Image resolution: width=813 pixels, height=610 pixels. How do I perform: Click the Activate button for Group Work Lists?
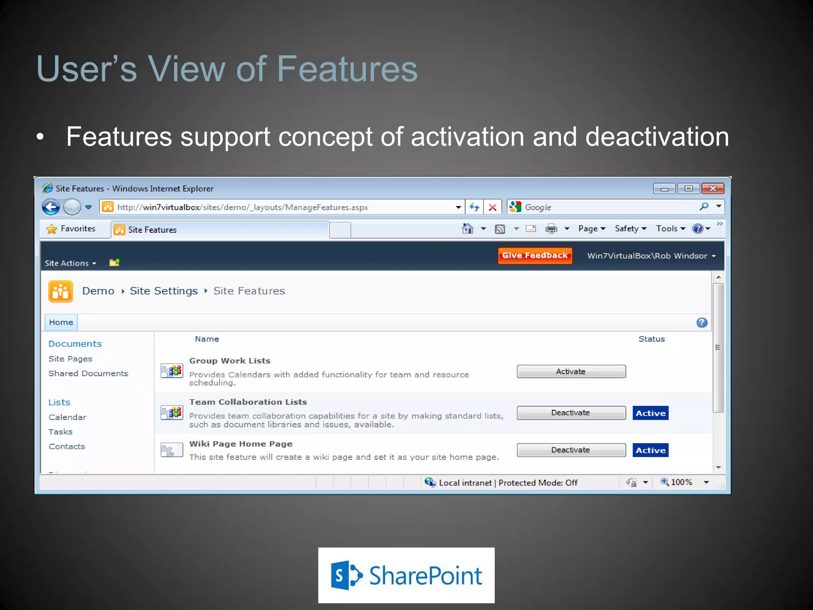coord(571,371)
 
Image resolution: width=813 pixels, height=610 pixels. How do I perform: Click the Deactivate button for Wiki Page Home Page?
coord(571,450)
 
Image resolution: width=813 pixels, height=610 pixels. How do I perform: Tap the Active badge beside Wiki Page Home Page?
coord(650,450)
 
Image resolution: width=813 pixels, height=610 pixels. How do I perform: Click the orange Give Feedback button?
coord(535,255)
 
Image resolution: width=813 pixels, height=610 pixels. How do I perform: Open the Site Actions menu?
coord(70,263)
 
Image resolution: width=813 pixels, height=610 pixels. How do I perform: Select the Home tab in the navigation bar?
coord(61,322)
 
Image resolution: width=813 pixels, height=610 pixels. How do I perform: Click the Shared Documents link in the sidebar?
coord(88,373)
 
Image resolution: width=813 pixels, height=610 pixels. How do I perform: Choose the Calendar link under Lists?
coord(67,417)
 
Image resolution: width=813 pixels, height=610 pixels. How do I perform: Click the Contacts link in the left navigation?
coord(67,446)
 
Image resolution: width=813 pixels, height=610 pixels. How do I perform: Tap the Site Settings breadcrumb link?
coord(164,291)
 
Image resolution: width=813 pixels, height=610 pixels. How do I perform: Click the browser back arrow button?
coord(51,207)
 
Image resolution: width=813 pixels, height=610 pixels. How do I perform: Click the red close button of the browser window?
coord(713,188)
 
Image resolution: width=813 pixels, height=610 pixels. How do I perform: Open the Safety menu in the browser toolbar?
coord(630,229)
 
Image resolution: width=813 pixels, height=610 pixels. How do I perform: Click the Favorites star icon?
coord(52,229)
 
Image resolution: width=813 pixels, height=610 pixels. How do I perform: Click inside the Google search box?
coord(607,207)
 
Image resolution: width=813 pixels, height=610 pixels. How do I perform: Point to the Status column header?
coord(651,339)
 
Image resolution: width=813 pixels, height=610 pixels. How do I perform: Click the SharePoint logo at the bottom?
coord(406,575)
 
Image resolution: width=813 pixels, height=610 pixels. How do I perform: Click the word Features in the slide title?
coord(347,69)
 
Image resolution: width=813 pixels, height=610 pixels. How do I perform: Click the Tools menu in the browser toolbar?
coord(670,229)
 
